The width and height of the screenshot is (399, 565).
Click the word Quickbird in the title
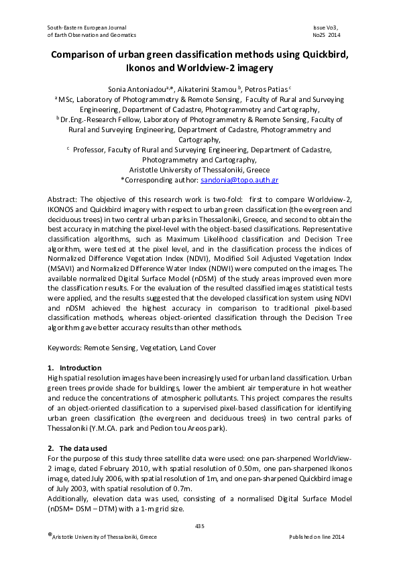[x=321, y=55]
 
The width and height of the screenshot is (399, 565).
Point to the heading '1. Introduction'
[x=74, y=368]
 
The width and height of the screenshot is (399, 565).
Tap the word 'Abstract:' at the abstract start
[x=64, y=201]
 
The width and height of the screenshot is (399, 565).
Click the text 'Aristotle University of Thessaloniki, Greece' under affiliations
[x=199, y=170]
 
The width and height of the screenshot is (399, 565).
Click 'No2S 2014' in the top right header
[x=326, y=34]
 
